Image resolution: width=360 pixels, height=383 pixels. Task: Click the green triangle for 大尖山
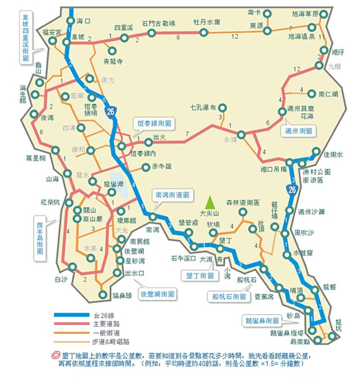(x=210, y=202)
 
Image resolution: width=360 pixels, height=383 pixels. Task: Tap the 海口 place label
(x=84, y=21)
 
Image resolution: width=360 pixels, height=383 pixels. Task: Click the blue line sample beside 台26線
(x=71, y=315)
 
